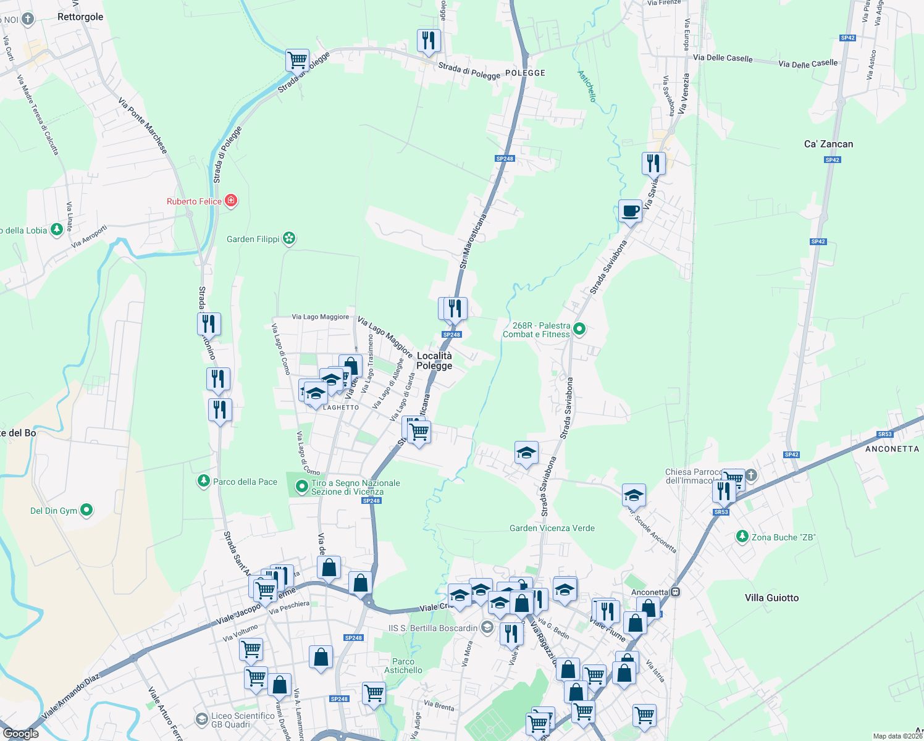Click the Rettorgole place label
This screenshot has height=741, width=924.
click(80, 17)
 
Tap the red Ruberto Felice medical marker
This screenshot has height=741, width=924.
click(231, 201)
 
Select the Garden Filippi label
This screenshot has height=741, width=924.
click(253, 239)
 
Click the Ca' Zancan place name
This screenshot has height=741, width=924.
click(828, 144)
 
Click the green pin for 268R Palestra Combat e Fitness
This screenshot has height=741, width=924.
click(579, 329)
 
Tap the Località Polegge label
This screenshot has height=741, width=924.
click(434, 361)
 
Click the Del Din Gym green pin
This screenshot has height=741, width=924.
click(86, 510)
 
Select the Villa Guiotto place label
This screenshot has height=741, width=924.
click(771, 598)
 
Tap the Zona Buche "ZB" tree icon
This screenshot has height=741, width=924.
click(742, 537)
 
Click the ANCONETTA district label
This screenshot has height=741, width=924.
click(892, 449)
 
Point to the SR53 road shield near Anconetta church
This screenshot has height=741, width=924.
click(721, 512)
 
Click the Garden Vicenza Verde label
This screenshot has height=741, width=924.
click(552, 528)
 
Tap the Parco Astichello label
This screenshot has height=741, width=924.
click(403, 666)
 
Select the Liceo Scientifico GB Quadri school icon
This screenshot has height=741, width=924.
click(201, 719)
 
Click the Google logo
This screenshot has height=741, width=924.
click(21, 734)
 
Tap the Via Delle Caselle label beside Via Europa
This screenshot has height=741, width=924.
click(723, 58)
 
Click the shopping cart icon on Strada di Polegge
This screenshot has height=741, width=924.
click(297, 61)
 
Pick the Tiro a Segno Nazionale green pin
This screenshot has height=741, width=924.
click(301, 487)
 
